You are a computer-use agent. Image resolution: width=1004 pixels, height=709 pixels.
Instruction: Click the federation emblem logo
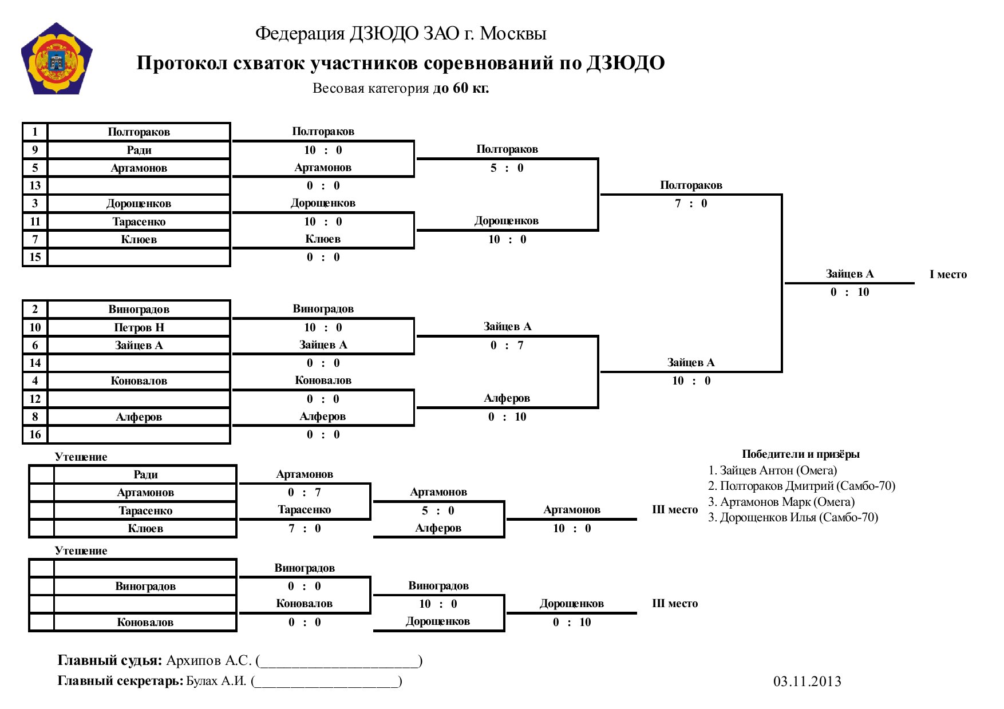pyautogui.click(x=57, y=59)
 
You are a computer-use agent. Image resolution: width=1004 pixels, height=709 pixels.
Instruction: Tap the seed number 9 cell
pyautogui.click(x=35, y=150)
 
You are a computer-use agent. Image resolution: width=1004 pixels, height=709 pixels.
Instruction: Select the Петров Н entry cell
pyautogui.click(x=139, y=327)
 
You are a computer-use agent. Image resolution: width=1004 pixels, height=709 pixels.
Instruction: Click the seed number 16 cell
pyautogui.click(x=35, y=434)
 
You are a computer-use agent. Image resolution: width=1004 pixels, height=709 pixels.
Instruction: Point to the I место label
pyautogui.click(x=948, y=275)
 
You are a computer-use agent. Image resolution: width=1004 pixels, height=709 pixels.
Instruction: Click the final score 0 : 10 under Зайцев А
pyautogui.click(x=849, y=292)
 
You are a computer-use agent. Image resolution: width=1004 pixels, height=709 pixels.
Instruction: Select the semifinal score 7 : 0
pyautogui.click(x=691, y=204)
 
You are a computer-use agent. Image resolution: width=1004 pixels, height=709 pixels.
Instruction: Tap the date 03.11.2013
pyautogui.click(x=807, y=682)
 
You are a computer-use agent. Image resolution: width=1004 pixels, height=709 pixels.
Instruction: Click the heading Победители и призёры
pyautogui.click(x=801, y=454)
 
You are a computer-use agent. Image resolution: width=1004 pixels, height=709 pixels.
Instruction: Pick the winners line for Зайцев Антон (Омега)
pyautogui.click(x=772, y=470)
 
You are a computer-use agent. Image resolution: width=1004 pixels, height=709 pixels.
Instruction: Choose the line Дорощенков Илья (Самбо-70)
pyautogui.click(x=793, y=517)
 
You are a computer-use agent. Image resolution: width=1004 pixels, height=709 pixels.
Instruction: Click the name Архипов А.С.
pyautogui.click(x=209, y=661)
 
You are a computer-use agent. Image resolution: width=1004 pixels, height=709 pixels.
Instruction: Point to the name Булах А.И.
pyautogui.click(x=216, y=681)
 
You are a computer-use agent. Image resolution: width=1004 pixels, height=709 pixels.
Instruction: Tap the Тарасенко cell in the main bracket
pyautogui.click(x=139, y=221)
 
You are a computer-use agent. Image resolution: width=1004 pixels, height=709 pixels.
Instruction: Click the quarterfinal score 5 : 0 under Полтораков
pyautogui.click(x=507, y=168)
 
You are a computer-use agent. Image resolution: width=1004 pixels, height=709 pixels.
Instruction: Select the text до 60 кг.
pyautogui.click(x=461, y=88)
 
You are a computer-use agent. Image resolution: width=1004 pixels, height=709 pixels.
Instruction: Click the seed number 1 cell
pyautogui.click(x=35, y=132)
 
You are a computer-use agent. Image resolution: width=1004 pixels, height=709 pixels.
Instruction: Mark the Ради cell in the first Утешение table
pyautogui.click(x=145, y=474)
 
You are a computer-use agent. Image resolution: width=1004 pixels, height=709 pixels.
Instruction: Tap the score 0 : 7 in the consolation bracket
pyautogui.click(x=304, y=493)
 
